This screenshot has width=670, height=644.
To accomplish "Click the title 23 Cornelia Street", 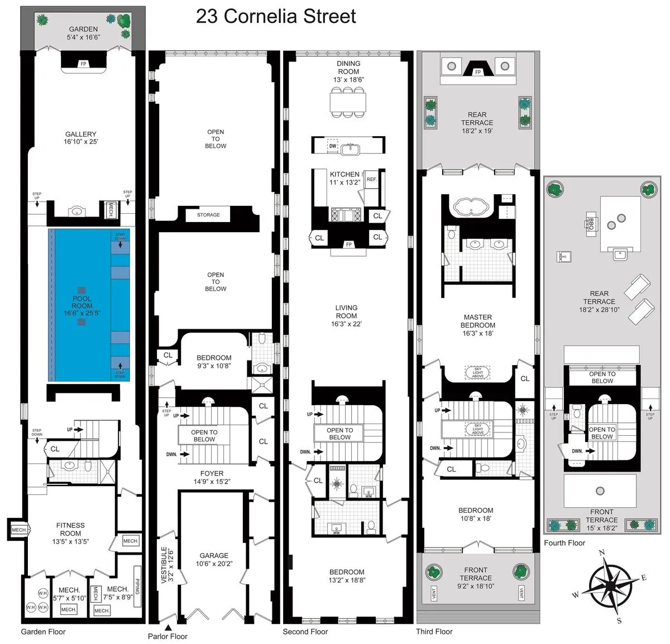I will (276, 16).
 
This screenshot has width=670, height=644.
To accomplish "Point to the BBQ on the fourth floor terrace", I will (592, 223).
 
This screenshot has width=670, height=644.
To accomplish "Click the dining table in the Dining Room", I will (348, 102).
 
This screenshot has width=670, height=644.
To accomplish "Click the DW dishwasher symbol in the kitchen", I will (333, 146).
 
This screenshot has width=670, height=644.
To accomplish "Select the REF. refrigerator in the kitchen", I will (371, 179).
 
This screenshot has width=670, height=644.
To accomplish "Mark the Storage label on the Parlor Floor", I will (208, 215).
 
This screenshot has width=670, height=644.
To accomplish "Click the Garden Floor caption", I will (43, 632).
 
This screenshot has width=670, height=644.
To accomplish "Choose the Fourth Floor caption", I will (564, 542).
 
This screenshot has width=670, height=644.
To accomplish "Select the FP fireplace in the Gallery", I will (83, 64).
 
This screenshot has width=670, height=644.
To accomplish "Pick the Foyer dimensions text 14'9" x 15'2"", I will (212, 482).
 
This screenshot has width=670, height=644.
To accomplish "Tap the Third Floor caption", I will (434, 632).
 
